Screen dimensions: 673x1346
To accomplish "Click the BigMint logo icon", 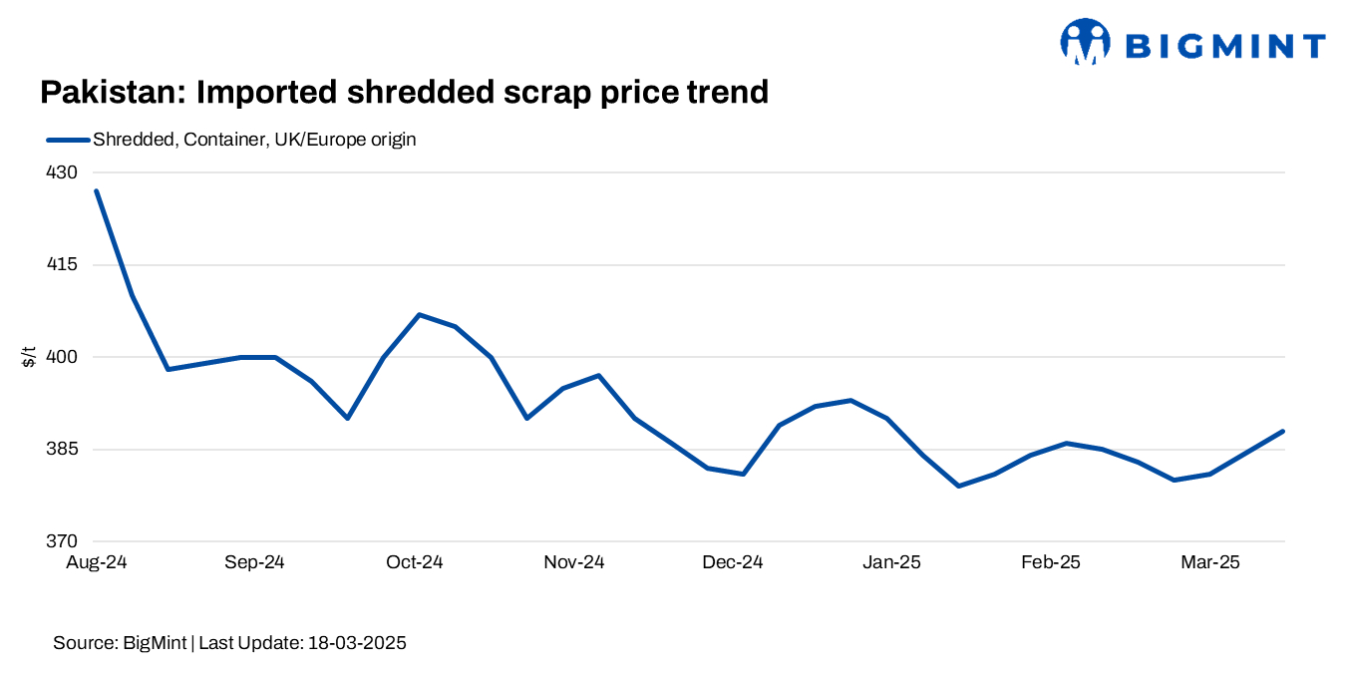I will tap(1085, 42).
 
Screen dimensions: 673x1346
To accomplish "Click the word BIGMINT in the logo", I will tap(1224, 46).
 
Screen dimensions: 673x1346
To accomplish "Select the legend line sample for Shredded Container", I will tap(68, 140).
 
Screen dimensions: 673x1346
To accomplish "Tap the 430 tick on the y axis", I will tap(62, 172).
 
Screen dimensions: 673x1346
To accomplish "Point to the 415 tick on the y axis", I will tap(62, 265).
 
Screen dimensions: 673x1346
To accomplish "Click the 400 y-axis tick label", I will tap(62, 357).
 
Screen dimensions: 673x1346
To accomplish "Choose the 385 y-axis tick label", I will tap(62, 450).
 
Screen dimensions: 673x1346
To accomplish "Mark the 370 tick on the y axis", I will tap(62, 541).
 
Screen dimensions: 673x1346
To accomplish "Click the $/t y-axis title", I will tap(29, 356).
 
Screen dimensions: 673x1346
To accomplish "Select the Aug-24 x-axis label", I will tap(96, 562).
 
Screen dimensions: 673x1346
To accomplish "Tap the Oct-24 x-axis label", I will tap(414, 562).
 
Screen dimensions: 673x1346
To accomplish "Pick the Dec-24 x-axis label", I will tap(733, 562).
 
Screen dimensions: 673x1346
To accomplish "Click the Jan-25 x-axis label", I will tap(891, 562).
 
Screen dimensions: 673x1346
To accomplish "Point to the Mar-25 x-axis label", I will tap(1209, 562).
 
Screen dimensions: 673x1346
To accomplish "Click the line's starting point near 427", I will tap(96, 190).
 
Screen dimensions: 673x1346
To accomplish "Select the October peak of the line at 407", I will tap(420, 314).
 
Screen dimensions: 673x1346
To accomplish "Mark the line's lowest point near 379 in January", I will tap(959, 486).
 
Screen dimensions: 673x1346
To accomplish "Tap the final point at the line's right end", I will tap(1283, 431).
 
